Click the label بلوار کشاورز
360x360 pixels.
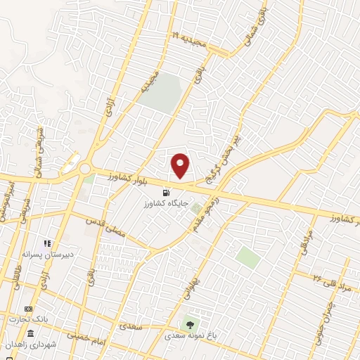coord(117,176)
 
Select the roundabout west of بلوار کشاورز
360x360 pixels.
coord(85,169)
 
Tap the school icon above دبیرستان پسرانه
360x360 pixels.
coord(47,243)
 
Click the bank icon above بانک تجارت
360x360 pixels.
coord(29,309)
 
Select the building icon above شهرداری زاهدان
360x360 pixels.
coord(31,332)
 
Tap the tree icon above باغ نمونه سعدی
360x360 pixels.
coord(188,325)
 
